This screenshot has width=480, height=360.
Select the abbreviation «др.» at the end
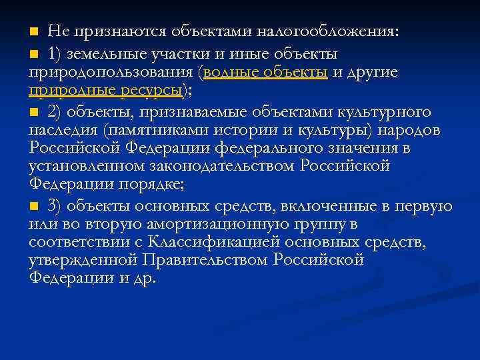point(144,278)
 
